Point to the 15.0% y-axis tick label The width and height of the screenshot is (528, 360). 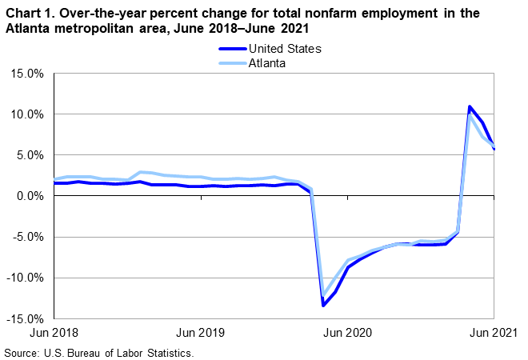pyautogui.click(x=26, y=74)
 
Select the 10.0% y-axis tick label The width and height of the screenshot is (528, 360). pyautogui.click(x=26, y=114)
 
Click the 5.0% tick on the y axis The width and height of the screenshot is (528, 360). pyautogui.click(x=30, y=155)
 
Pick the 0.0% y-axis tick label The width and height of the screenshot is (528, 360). pyautogui.click(x=30, y=196)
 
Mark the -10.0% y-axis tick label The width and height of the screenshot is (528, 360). pyautogui.click(x=25, y=278)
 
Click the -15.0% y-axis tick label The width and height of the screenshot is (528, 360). pyautogui.click(x=25, y=318)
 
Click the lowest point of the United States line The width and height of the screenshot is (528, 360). pyautogui.click(x=323, y=305)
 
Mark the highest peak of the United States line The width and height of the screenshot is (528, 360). pyautogui.click(x=470, y=106)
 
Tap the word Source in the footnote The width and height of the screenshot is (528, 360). pyautogui.click(x=22, y=352)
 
